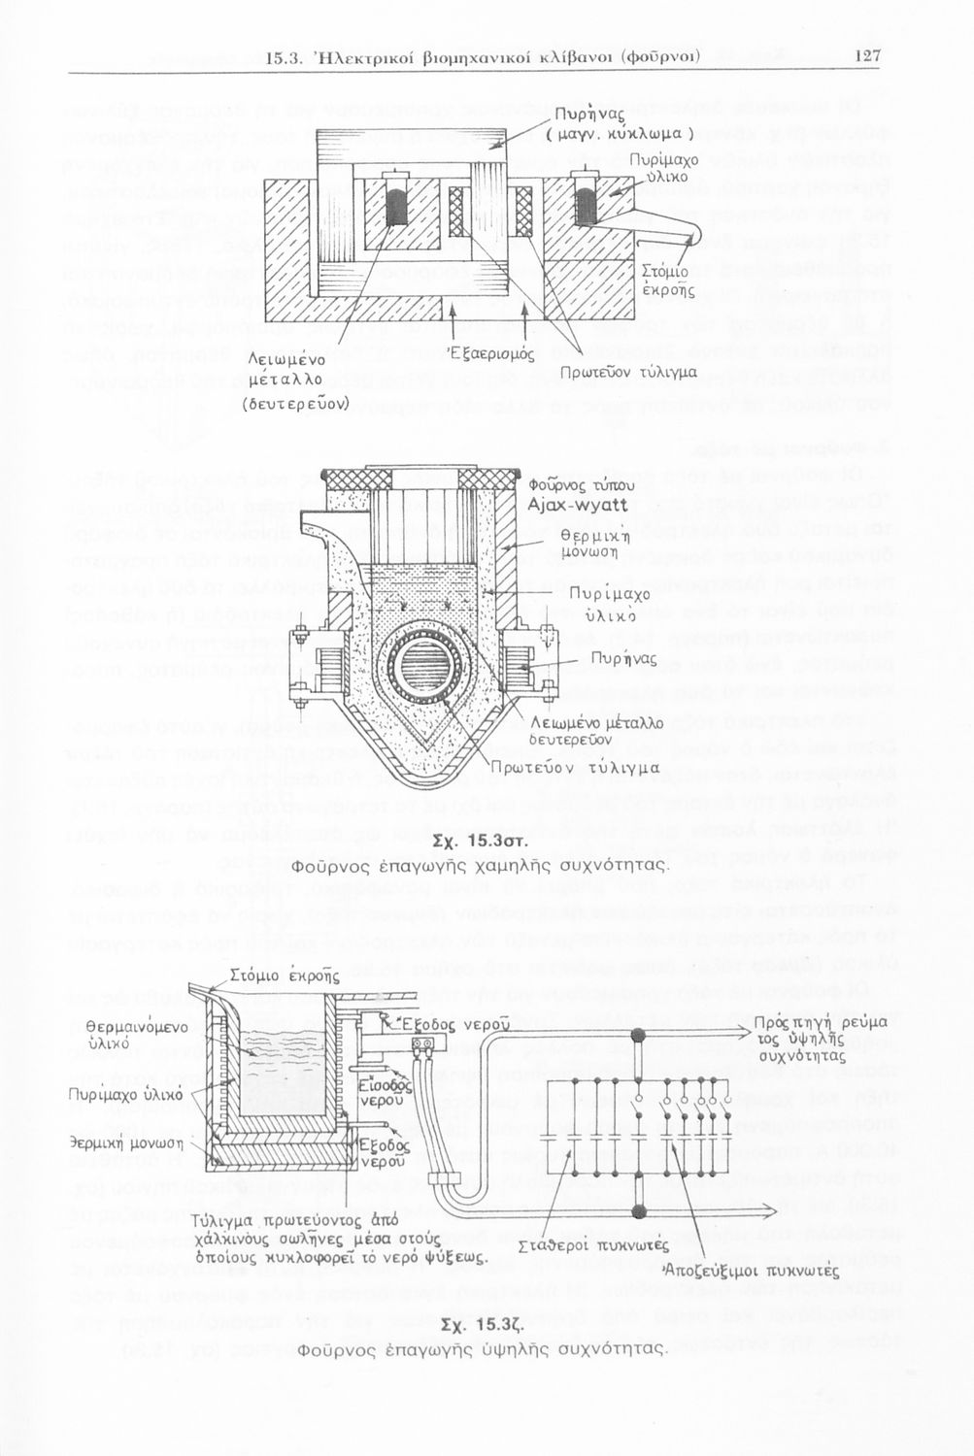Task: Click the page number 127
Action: (x=867, y=56)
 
